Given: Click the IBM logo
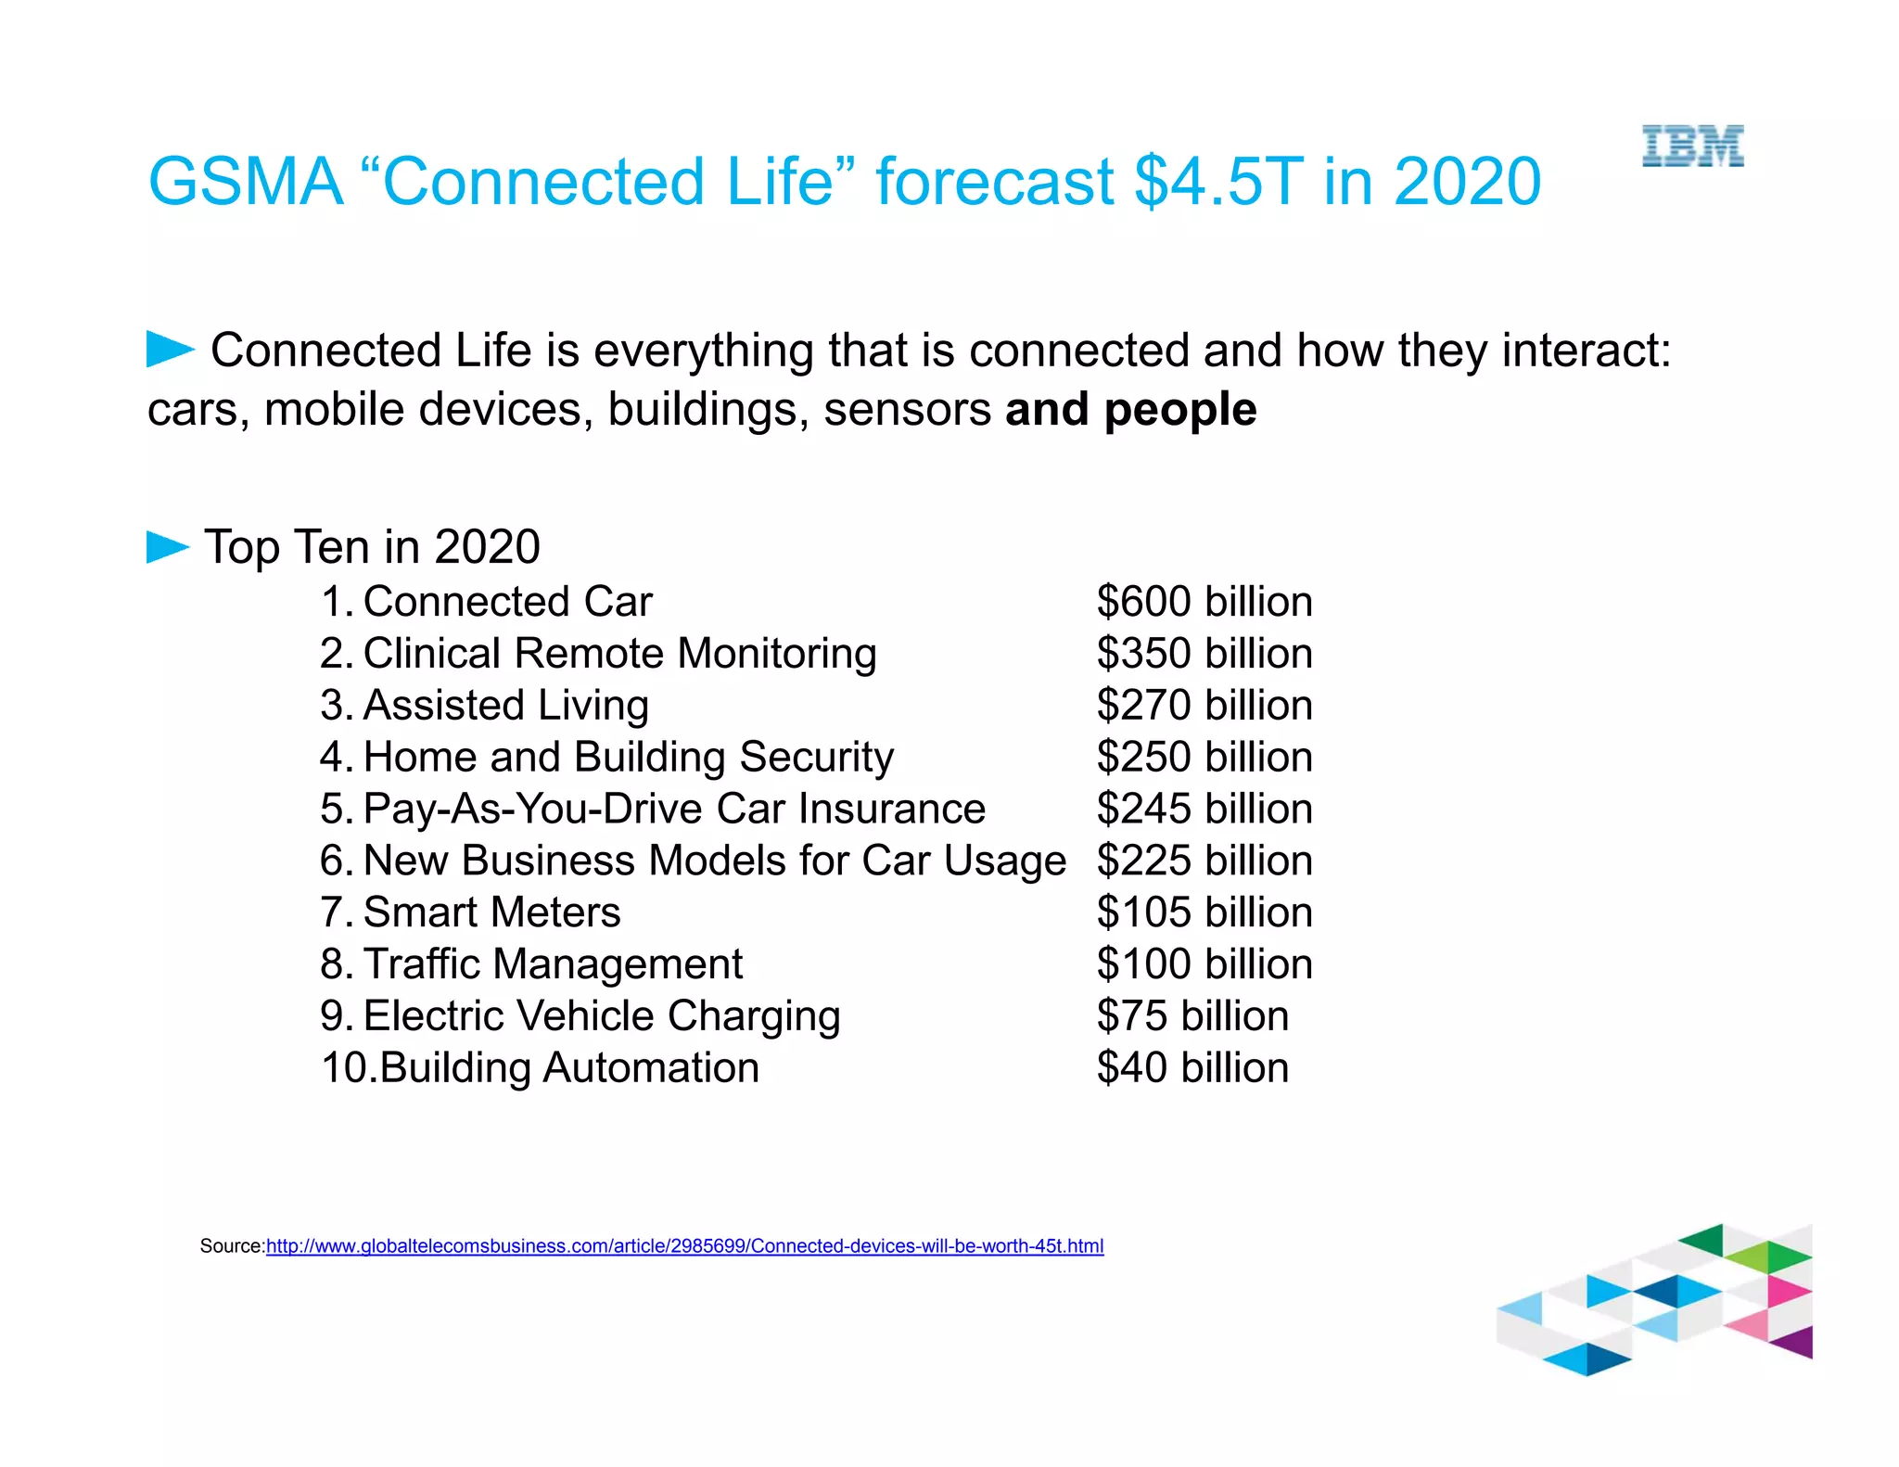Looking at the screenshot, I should (1692, 147).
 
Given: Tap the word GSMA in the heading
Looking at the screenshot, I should (246, 181).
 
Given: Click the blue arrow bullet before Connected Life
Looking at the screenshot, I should (170, 350).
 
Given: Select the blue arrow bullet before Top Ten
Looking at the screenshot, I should (168, 547).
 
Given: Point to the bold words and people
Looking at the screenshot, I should (1130, 410).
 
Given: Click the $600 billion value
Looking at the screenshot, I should (1204, 602).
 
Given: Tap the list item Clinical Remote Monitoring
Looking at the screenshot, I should (618, 654).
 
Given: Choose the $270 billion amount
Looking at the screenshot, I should (1204, 706).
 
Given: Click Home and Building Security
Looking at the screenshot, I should (628, 758).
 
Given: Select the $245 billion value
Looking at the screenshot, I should (1204, 809).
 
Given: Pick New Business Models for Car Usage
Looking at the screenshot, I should (714, 861).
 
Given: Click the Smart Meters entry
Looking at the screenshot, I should (491, 912).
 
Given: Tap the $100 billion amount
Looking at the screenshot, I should (1204, 964).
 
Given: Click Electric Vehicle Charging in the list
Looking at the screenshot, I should (602, 1016).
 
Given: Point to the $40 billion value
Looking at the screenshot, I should (1192, 1068).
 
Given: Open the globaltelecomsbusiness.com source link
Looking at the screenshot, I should (684, 1246).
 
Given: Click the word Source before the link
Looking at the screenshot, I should (232, 1246).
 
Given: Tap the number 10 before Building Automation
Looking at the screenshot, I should (345, 1068).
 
